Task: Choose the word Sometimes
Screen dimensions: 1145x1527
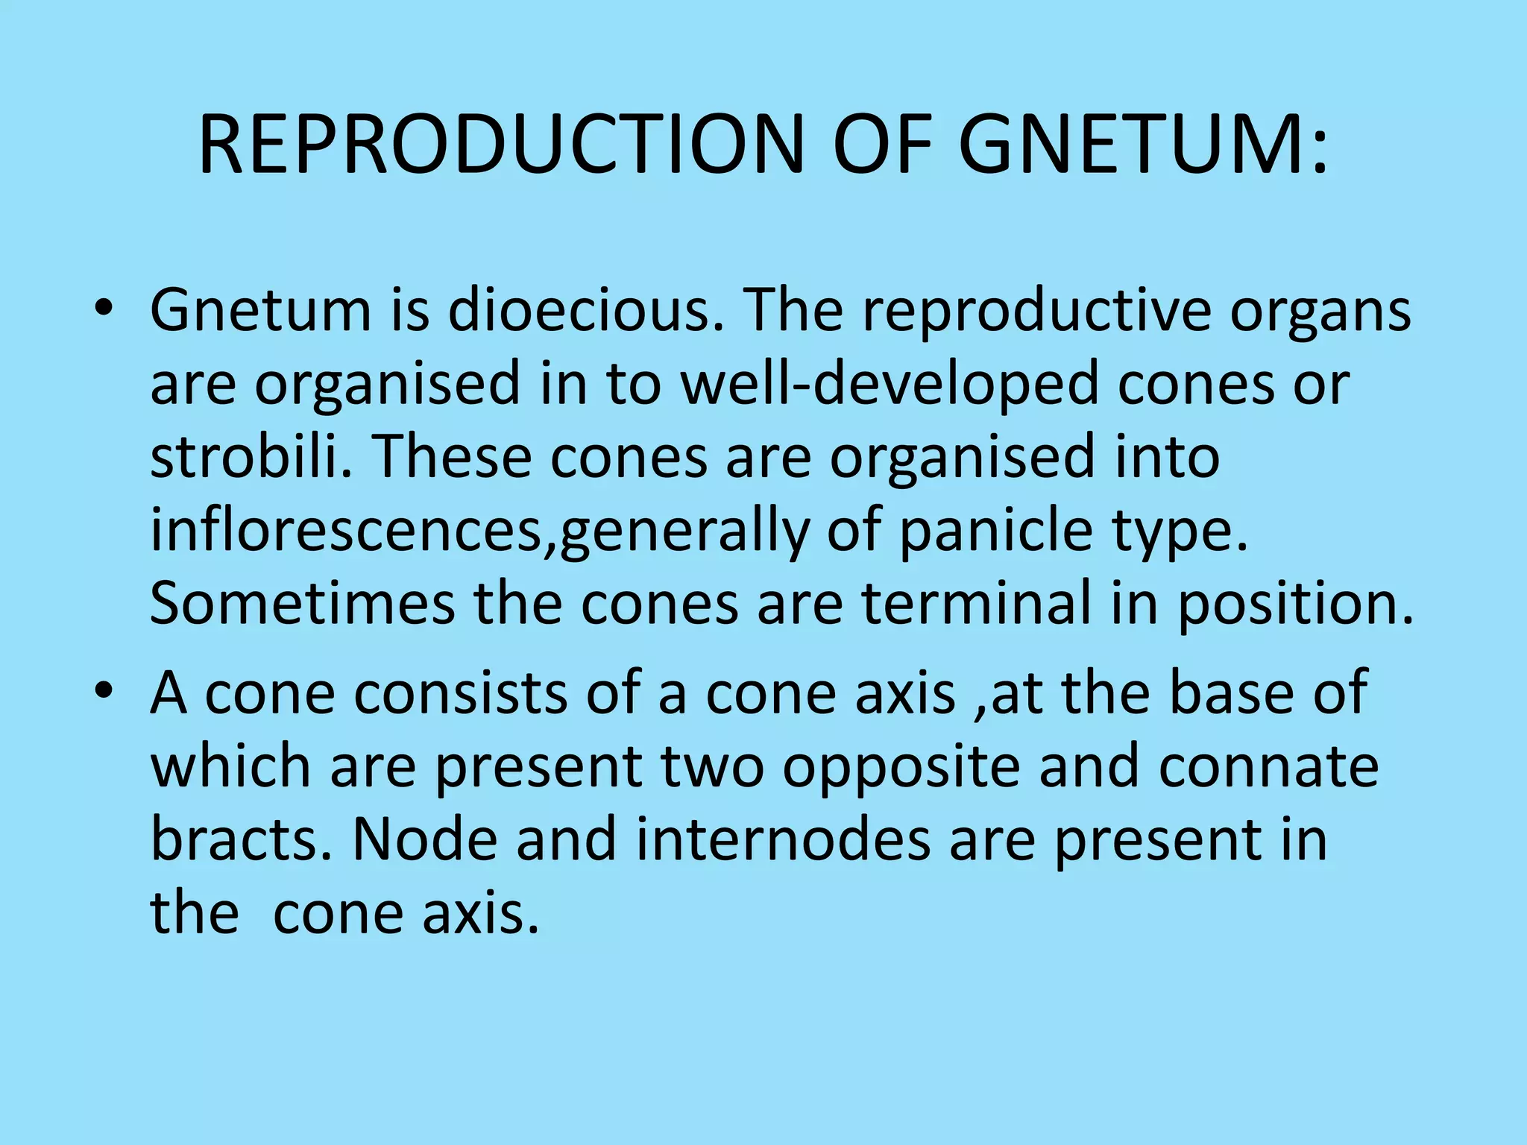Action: click(303, 603)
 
